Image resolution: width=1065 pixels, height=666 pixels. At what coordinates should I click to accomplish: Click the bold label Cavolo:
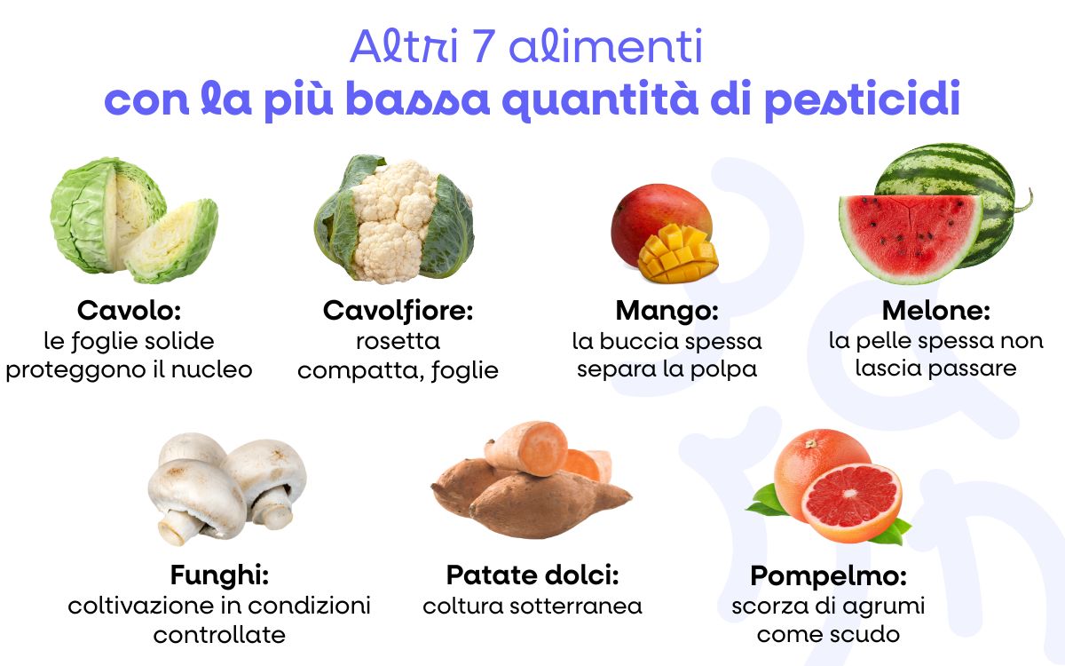tap(129, 311)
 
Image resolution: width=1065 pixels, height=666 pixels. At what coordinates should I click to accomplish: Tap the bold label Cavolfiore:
tap(398, 311)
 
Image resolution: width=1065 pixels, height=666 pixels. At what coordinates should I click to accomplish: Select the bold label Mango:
tap(667, 311)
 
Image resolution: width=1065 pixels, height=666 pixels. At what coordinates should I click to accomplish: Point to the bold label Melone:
tap(935, 311)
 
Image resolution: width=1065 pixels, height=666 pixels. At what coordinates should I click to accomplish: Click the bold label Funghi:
tap(219, 575)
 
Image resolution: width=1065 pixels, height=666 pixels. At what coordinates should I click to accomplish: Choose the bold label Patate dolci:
tap(532, 575)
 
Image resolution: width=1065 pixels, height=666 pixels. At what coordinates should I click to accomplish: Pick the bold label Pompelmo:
tap(828, 575)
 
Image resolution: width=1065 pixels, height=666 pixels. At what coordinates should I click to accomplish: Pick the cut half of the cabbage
tap(173, 238)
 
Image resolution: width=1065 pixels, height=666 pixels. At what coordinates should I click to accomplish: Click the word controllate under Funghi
tap(219, 635)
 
